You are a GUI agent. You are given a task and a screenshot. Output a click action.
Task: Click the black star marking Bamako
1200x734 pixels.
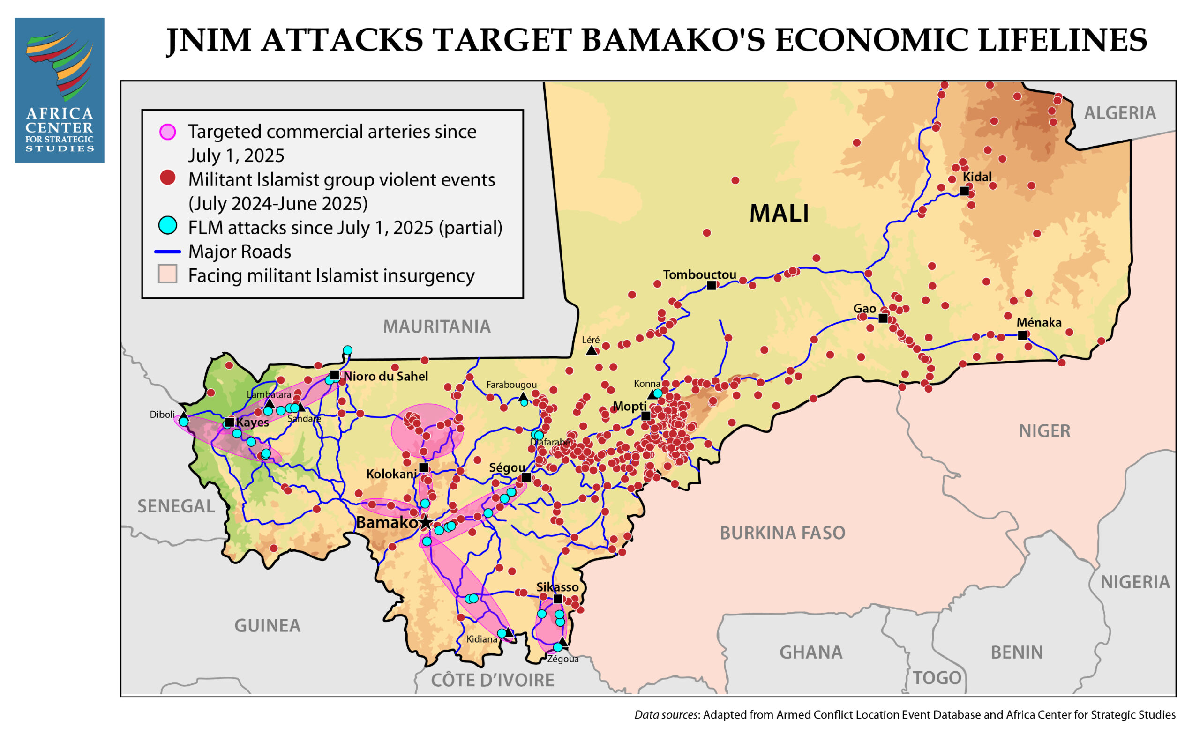(426, 523)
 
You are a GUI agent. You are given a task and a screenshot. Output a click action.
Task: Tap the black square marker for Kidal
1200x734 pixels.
(964, 191)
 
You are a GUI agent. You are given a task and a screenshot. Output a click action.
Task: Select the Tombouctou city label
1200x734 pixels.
(699, 275)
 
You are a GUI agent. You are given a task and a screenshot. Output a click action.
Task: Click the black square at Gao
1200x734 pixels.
(883, 319)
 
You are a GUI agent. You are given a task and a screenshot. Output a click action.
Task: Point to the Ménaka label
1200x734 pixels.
(1039, 322)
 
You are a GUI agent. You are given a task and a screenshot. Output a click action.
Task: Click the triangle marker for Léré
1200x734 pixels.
(591, 350)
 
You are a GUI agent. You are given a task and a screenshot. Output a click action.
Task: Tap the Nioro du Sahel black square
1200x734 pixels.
(335, 375)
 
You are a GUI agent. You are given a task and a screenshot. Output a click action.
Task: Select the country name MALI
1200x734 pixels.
(779, 213)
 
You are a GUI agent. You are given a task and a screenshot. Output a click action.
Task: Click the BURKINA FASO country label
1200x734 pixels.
(782, 533)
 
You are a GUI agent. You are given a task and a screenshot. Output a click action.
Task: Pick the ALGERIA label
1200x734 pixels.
(1120, 113)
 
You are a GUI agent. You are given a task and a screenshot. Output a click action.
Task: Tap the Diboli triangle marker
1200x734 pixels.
(184, 416)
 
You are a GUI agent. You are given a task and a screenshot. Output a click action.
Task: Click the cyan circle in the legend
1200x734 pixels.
(167, 225)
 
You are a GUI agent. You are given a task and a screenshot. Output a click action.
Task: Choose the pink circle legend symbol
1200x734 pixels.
(167, 132)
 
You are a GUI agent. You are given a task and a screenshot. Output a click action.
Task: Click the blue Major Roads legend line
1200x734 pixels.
(167, 252)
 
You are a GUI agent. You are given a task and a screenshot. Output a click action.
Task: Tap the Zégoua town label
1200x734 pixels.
(562, 659)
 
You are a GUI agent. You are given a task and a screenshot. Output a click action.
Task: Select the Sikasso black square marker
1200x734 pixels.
(558, 599)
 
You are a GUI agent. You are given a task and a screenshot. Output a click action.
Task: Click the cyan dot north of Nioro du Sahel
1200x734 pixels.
(347, 350)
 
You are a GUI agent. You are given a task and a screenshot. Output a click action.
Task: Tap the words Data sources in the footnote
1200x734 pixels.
(666, 714)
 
